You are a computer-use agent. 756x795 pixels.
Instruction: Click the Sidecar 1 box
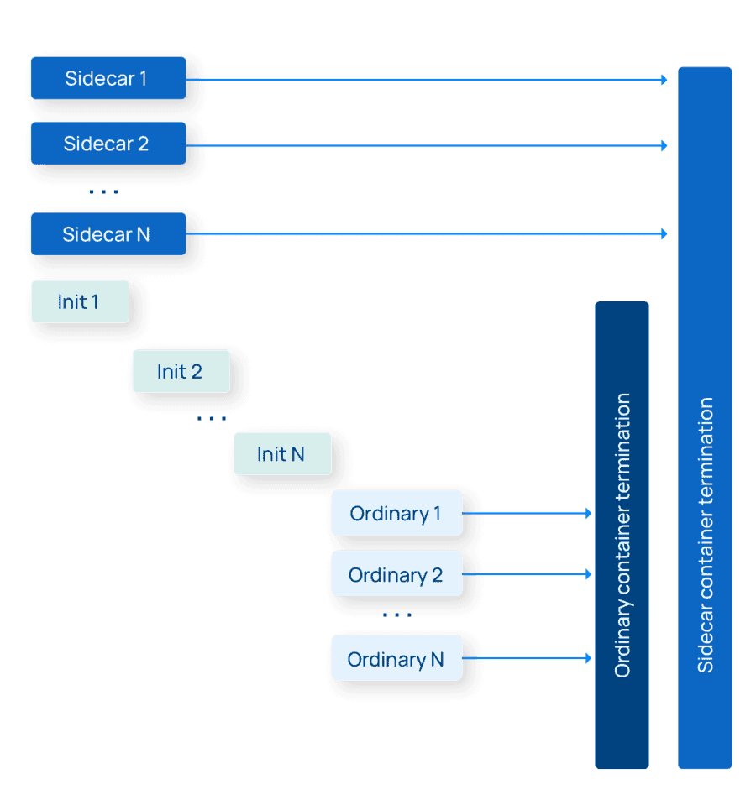108,78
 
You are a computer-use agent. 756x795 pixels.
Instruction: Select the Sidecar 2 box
108,144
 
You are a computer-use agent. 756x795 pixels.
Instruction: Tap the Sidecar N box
108,233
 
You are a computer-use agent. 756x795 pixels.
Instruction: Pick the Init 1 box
80,301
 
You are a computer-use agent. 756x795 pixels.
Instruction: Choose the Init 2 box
181,371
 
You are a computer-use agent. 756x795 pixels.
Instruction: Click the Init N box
282,454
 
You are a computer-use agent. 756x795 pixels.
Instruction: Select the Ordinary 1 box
396,513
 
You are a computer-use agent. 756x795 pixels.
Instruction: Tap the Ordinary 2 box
396,574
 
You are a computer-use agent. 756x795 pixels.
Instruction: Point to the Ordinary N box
396,659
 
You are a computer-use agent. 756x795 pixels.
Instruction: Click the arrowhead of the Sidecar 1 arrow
664,80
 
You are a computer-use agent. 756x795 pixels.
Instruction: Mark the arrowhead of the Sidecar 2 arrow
664,146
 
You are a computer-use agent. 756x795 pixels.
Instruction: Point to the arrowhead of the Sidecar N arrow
664,234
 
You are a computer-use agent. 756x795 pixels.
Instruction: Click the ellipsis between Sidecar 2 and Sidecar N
103,192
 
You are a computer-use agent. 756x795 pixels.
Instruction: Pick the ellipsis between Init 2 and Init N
211,418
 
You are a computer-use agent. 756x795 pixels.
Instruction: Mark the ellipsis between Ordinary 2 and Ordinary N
396,615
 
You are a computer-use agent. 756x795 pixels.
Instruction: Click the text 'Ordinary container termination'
622,535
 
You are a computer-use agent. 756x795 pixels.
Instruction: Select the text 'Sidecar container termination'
706,535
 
